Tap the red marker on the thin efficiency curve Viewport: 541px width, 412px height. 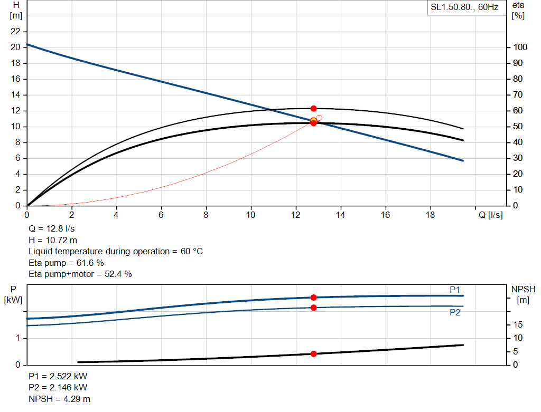pyautogui.click(x=314, y=109)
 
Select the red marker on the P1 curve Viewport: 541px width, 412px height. pyautogui.click(x=314, y=298)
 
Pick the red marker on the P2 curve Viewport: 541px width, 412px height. pyautogui.click(x=314, y=308)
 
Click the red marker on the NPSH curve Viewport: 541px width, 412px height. pyautogui.click(x=314, y=354)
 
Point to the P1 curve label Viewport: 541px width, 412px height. pyautogui.click(x=455, y=290)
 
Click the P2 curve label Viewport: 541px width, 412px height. pyautogui.click(x=455, y=312)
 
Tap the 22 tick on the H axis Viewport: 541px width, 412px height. pyautogui.click(x=15, y=31)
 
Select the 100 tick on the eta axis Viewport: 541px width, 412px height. pyautogui.click(x=520, y=47)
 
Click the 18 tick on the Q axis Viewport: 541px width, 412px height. pyautogui.click(x=430, y=215)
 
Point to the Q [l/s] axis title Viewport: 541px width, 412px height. pyautogui.click(x=490, y=215)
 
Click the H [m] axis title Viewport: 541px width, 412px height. pyautogui.click(x=16, y=11)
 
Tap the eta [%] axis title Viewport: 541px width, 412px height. pyautogui.click(x=518, y=11)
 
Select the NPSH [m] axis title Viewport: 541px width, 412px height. pyautogui.click(x=523, y=294)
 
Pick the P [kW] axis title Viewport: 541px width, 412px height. pyautogui.click(x=13, y=294)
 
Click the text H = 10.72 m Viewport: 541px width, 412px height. pyautogui.click(x=53, y=240)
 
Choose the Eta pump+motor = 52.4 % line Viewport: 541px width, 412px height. pyautogui.click(x=80, y=274)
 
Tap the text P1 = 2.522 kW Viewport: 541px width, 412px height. pyautogui.click(x=58, y=376)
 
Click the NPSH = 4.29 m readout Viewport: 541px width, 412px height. pyautogui.click(x=59, y=399)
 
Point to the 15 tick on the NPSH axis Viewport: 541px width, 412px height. pyautogui.click(x=518, y=324)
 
